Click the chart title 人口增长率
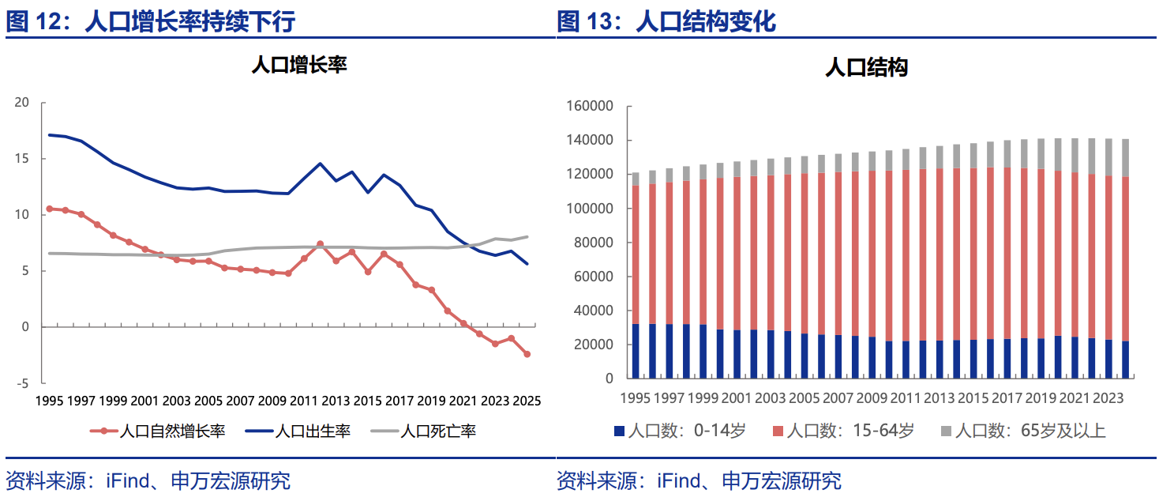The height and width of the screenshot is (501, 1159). pyautogui.click(x=298, y=65)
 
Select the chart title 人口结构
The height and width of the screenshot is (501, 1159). pyautogui.click(x=866, y=67)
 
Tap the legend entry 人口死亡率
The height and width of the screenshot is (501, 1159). pyautogui.click(x=437, y=431)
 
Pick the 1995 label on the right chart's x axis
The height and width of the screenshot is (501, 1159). pyautogui.click(x=636, y=398)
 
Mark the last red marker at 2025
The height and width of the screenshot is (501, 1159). pyautogui.click(x=527, y=354)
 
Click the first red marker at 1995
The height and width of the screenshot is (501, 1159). pyautogui.click(x=50, y=209)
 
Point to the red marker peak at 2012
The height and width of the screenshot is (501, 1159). pyautogui.click(x=320, y=244)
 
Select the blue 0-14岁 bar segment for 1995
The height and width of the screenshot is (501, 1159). pyautogui.click(x=636, y=351)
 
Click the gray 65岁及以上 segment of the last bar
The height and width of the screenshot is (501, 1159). pyautogui.click(x=1124, y=158)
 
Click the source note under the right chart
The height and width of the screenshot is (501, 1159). pyautogui.click(x=699, y=480)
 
